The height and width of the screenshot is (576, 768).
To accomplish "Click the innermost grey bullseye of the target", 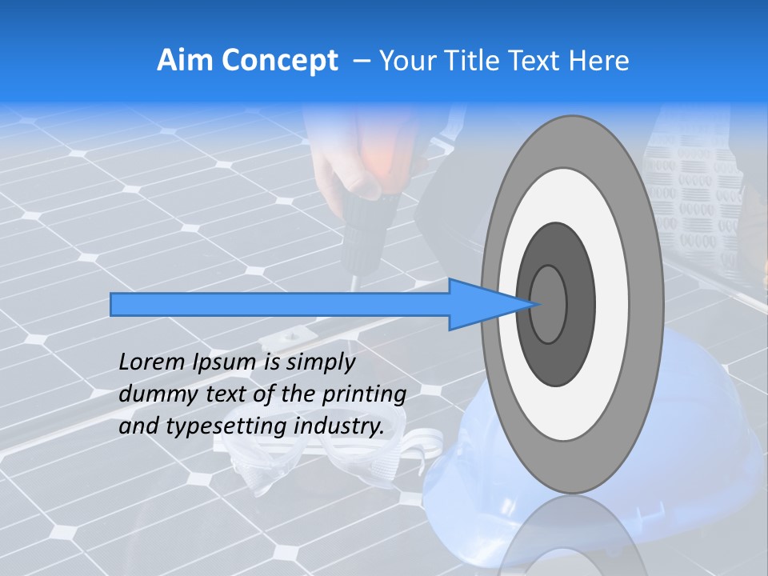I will (x=549, y=304).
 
